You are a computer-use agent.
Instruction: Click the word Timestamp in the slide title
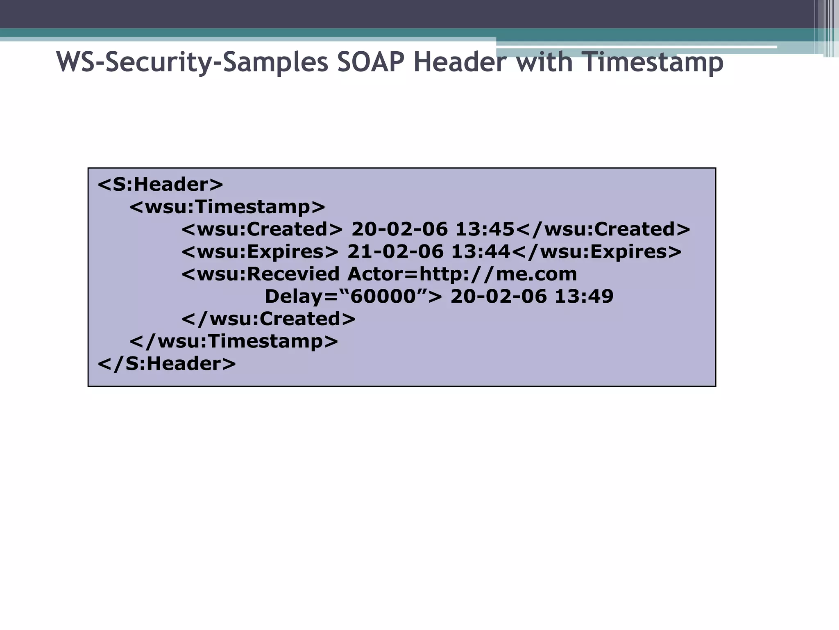pyautogui.click(x=653, y=62)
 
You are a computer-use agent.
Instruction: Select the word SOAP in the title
pyautogui.click(x=371, y=62)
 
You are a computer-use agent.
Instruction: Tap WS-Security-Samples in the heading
pyautogui.click(x=192, y=62)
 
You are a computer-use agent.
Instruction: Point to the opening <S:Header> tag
pyautogui.click(x=160, y=185)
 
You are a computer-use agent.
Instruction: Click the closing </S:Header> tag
pyautogui.click(x=167, y=364)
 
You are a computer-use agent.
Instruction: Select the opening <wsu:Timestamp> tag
pyautogui.click(x=227, y=207)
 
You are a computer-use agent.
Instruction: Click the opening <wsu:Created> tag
pyautogui.click(x=262, y=229)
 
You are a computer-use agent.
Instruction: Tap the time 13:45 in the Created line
pyautogui.click(x=485, y=229)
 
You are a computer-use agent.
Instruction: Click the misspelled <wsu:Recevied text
pyautogui.click(x=261, y=274)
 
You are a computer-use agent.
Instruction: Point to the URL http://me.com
pyautogui.click(x=498, y=274)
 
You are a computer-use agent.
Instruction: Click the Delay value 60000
pyautogui.click(x=383, y=297)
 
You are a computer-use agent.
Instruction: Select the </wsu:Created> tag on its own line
pyautogui.click(x=269, y=319)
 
